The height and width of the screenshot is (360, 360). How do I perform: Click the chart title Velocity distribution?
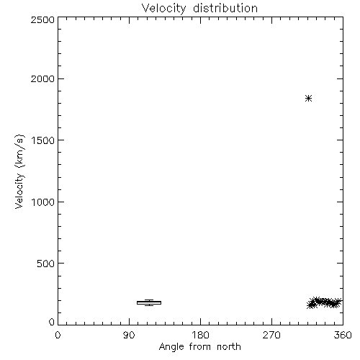(x=199, y=9)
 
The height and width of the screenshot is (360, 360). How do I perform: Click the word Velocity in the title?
(x=163, y=9)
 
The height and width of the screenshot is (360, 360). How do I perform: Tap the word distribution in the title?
(x=225, y=8)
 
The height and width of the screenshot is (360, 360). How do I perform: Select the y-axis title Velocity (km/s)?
(x=19, y=171)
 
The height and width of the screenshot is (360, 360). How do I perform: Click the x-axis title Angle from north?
(x=199, y=347)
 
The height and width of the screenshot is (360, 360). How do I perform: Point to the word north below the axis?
(x=229, y=346)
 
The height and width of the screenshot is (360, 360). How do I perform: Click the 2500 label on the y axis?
(x=42, y=19)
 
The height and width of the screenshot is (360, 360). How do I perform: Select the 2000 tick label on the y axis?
(x=42, y=78)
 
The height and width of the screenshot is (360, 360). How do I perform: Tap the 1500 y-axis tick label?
(x=43, y=140)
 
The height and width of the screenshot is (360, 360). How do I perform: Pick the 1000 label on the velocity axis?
(x=43, y=202)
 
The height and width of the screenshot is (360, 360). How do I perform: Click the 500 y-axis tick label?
(x=46, y=264)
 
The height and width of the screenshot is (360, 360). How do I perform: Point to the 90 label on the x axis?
(x=129, y=335)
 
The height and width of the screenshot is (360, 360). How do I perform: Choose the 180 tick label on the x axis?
(x=200, y=335)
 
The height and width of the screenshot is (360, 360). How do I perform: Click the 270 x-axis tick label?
(x=271, y=335)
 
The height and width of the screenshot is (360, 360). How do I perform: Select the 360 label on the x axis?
(x=343, y=335)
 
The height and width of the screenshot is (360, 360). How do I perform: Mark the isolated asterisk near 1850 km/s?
(x=308, y=99)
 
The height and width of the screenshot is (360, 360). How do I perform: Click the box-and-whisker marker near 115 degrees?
(x=149, y=302)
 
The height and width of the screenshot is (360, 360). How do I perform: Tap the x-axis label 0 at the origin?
(x=58, y=335)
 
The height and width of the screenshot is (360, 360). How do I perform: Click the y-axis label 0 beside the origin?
(x=52, y=322)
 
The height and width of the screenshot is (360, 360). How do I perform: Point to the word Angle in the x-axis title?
(x=171, y=347)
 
